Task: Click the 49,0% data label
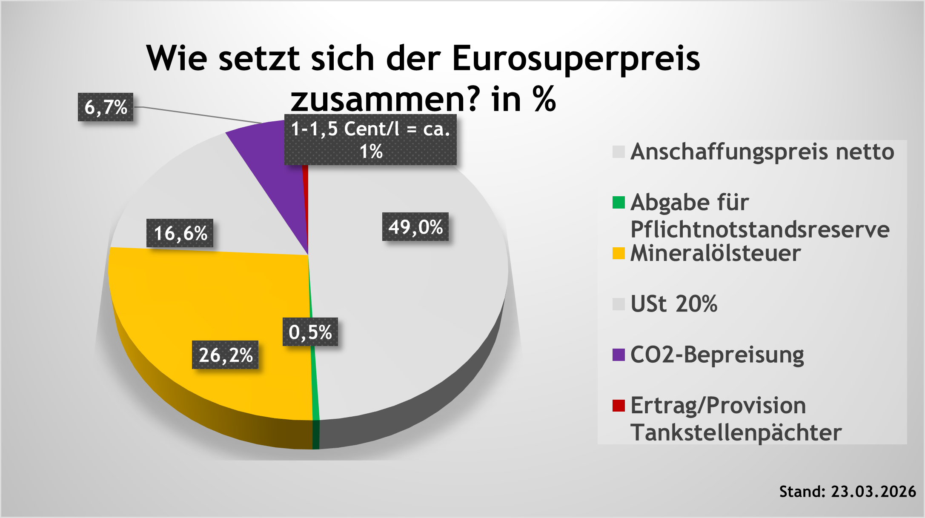(415, 226)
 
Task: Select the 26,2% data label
(225, 355)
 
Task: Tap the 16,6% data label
(180, 233)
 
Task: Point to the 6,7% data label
(106, 107)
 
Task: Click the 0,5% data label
(310, 332)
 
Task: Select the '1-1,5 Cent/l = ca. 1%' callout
(370, 140)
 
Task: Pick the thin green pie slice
(315, 383)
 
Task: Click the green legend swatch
(619, 203)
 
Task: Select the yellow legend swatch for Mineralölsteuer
(619, 253)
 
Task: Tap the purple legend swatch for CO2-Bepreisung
(619, 355)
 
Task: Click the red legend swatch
(619, 405)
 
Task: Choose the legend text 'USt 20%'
(674, 304)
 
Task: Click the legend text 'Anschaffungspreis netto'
(762, 152)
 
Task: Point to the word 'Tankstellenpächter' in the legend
(736, 432)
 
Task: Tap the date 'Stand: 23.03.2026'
(847, 492)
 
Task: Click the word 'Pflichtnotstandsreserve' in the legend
(760, 229)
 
